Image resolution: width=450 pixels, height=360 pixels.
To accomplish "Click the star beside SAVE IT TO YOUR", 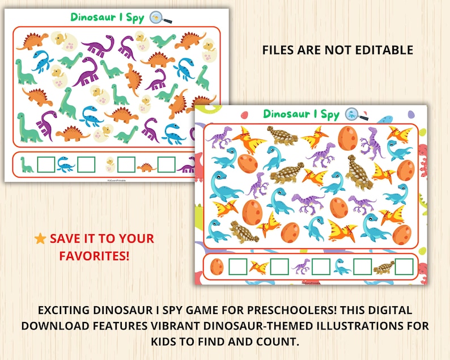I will (40, 239).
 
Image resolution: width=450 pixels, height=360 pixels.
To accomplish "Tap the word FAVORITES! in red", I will (94, 256).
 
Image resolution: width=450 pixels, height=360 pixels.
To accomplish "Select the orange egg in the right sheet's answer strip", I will (216, 266).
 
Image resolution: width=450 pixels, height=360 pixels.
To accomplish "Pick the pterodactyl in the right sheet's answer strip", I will (259, 266).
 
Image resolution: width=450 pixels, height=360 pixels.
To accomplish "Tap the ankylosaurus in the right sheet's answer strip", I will (383, 266).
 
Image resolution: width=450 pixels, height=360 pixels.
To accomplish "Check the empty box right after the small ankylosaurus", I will (404, 266).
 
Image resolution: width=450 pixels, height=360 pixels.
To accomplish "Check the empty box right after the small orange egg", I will (237, 266).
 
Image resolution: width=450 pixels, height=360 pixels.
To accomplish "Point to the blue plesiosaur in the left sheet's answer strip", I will (66, 165).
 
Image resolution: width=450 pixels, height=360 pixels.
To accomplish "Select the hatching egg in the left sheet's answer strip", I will (109, 165).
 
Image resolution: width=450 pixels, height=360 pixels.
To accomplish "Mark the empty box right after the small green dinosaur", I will (46, 165).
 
